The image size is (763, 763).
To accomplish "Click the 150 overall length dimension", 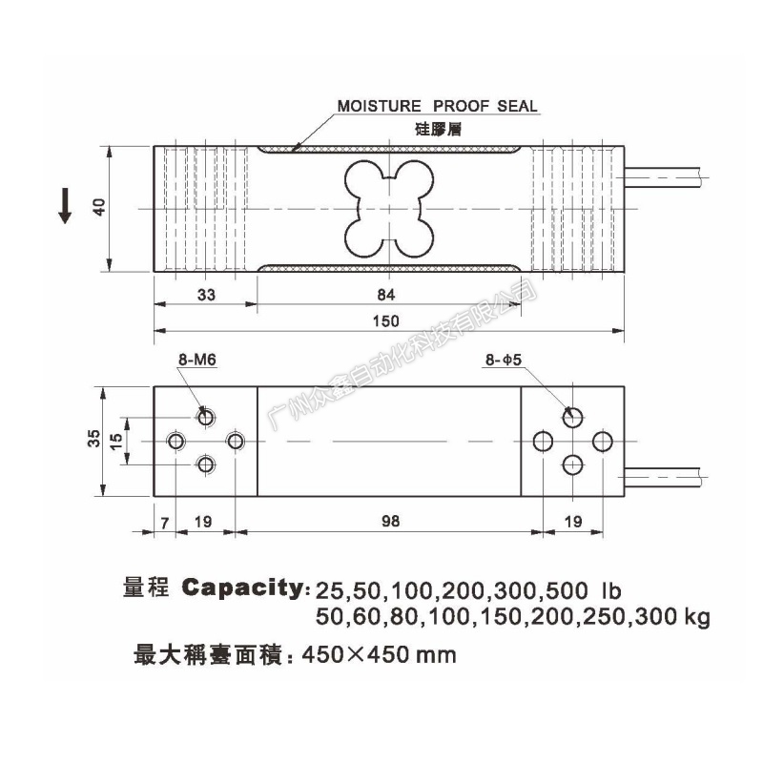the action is coord(386,321).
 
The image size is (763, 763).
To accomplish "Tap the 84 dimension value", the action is coord(386,295).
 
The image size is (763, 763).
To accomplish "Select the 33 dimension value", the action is coord(206,295).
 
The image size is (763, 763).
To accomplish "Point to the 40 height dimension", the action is coord(99,208).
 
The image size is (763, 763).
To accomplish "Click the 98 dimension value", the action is coord(390,521).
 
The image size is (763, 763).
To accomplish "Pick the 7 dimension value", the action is coord(165,523).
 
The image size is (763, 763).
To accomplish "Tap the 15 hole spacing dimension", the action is coord(116,441).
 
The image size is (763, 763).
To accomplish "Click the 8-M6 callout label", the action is coord(197,360).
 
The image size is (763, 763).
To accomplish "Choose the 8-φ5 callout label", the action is coord(504,360).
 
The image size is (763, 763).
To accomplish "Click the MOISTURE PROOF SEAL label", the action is coord(438,106).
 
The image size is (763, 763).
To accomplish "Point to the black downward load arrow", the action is coord(65,206).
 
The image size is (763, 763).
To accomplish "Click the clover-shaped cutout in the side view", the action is coord(389,209).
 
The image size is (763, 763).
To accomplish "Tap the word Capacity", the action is coord(243,588).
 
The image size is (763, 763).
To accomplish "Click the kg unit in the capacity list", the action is coord(697,618).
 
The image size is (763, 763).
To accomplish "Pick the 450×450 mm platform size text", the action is coord(379,655).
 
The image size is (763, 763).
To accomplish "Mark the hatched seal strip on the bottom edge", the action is coord(389,268).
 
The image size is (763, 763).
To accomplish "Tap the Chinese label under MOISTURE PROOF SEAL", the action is coord(438,129).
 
